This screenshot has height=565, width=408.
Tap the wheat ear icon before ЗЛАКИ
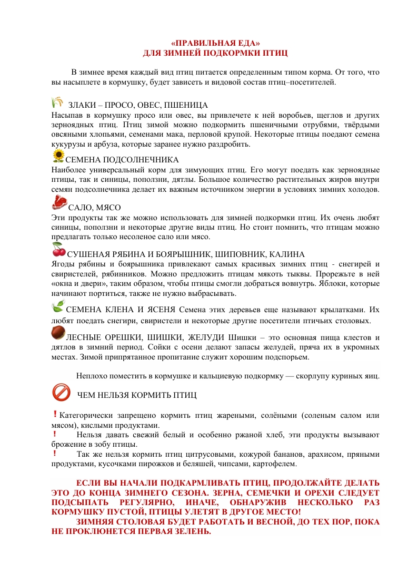click(x=57, y=102)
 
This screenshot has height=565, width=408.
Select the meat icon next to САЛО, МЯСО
click(x=60, y=202)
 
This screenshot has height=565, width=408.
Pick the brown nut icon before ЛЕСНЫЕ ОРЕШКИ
click(x=57, y=333)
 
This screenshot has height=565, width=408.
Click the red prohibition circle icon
click(x=61, y=391)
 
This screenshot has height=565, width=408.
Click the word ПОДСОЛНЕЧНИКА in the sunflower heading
click(x=142, y=159)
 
